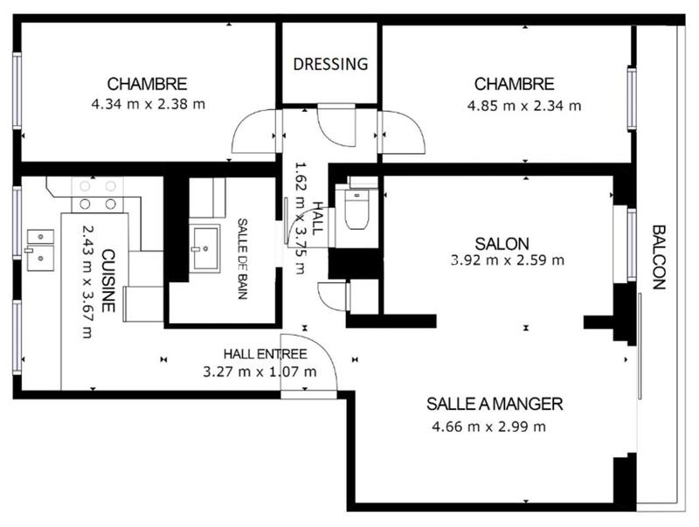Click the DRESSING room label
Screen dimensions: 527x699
(x=330, y=64)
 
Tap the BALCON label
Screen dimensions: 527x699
(x=659, y=257)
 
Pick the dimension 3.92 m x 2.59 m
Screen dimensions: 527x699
(x=507, y=260)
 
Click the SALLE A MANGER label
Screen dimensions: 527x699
(x=495, y=404)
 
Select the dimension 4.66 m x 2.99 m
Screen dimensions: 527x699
(x=489, y=426)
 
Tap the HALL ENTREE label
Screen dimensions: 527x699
(x=265, y=354)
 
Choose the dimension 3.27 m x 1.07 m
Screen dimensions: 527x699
(x=259, y=371)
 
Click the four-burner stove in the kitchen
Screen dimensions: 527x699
(x=98, y=194)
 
